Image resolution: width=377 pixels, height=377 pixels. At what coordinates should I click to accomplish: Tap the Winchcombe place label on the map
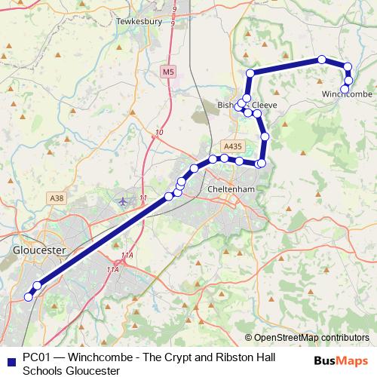[347, 93]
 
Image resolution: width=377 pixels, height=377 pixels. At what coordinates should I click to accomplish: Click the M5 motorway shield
[167, 72]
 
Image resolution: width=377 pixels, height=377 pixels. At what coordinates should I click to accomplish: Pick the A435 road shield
[231, 146]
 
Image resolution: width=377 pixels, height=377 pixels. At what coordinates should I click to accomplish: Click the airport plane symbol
[124, 201]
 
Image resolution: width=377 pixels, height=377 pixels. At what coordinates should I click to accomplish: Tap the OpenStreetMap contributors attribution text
[311, 338]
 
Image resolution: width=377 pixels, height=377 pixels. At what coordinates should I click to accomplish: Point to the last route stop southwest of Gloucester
[29, 297]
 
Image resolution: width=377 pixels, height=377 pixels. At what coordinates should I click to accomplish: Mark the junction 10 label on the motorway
[158, 133]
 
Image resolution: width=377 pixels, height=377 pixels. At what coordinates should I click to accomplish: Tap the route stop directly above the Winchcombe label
[348, 80]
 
